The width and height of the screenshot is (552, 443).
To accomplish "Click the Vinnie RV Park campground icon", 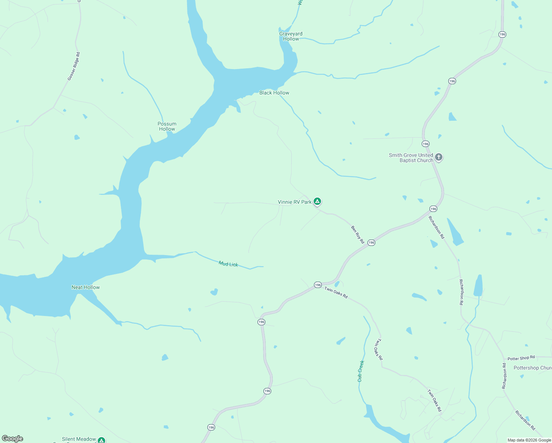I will [317, 201].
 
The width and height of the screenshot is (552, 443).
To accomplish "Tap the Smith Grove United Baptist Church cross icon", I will [439, 157].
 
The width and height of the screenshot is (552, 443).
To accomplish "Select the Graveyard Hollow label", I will [291, 36].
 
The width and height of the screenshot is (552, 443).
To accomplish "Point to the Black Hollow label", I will [274, 93].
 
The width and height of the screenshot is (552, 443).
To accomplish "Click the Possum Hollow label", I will [167, 126].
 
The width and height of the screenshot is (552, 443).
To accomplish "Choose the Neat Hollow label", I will [86, 287].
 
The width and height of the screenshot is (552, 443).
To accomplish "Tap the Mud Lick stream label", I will [228, 264].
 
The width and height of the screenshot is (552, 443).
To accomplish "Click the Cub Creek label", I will [360, 371].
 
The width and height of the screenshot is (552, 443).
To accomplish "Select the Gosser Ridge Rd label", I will [74, 66].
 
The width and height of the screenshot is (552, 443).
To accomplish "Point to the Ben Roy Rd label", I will [358, 234].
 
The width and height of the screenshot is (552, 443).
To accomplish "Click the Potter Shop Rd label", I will [521, 358].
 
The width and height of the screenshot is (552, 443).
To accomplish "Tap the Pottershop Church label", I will [532, 368].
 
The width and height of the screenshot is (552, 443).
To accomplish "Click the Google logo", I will [13, 439].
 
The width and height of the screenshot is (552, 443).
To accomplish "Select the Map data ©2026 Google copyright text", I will [529, 440].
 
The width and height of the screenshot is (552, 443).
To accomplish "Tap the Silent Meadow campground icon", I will [101, 440].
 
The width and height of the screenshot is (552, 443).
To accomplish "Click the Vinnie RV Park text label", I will [294, 202].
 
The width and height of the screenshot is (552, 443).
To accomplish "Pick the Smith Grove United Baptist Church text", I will [411, 158].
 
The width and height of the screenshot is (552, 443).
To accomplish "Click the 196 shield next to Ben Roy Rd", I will [371, 243].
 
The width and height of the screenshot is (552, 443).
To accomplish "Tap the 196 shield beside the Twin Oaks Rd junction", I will [318, 285].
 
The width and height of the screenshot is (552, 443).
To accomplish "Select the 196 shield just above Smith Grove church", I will [425, 144].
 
